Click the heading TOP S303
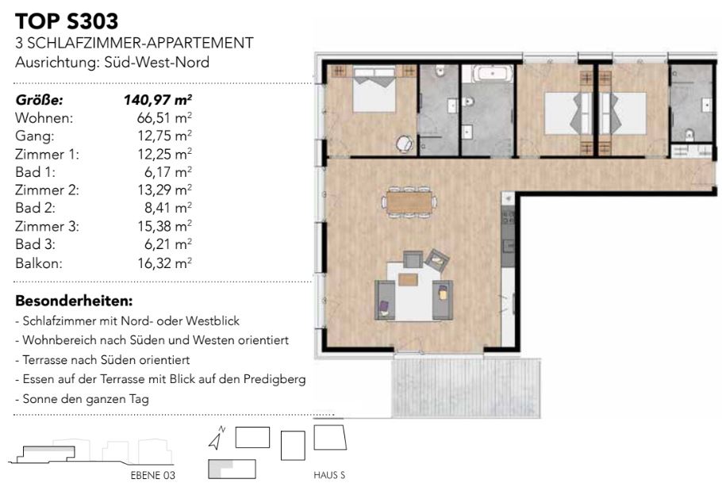67,21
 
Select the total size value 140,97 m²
157,99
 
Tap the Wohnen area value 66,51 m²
164,118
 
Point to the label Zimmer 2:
47,190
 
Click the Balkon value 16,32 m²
164,263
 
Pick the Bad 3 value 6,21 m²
167,244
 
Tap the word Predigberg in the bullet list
275,379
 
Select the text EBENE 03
153,475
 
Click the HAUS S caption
329,475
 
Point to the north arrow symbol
217,438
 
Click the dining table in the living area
409,202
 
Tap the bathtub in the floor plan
492,74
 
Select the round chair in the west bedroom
405,144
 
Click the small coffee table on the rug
408,279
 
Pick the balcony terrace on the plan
466,388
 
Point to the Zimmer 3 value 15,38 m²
164,226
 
